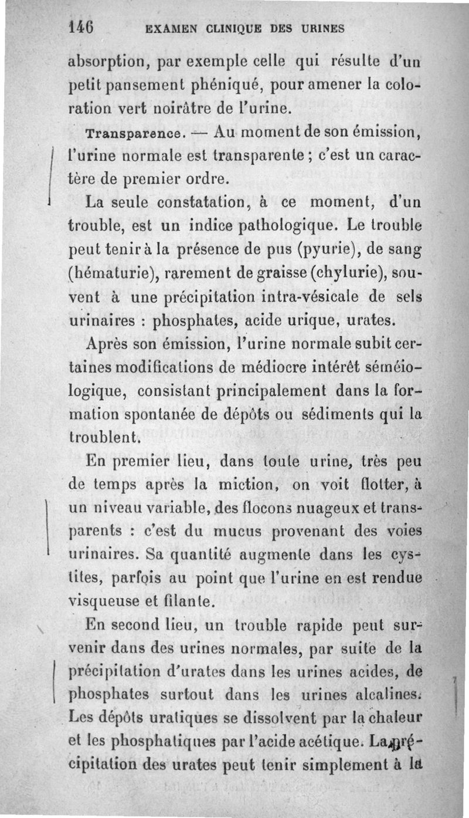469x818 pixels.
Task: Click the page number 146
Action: pyautogui.click(x=81, y=27)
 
